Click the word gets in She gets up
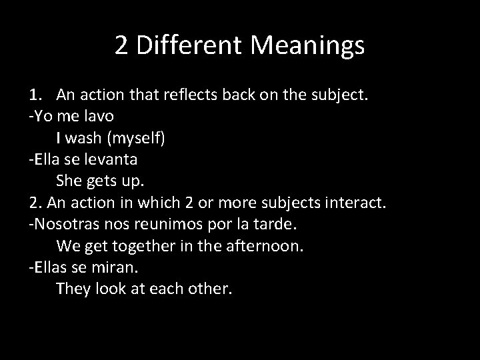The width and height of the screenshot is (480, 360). click(x=102, y=181)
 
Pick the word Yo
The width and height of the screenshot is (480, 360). click(x=41, y=116)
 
